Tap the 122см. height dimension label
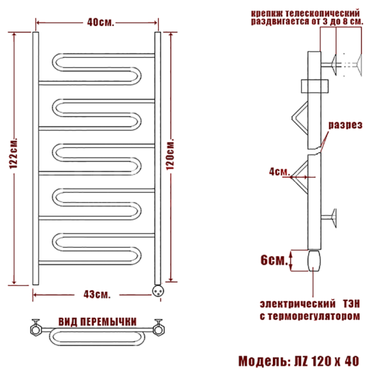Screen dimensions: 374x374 [x=14, y=155]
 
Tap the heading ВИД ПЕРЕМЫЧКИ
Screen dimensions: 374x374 [x=98, y=321]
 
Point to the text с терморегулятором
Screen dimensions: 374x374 [x=309, y=317]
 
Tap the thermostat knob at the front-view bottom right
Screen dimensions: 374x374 [x=158, y=288]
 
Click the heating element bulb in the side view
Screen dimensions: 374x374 [x=314, y=260]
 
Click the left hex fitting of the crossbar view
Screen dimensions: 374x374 [x=37, y=325]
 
